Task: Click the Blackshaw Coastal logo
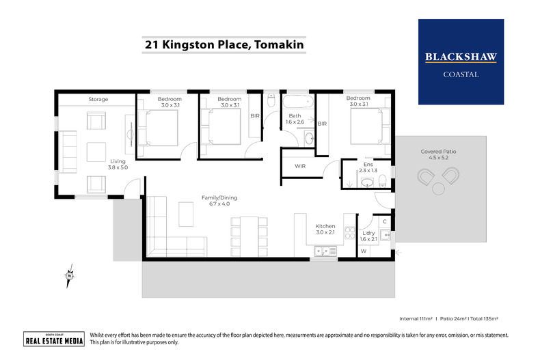(x=461, y=62)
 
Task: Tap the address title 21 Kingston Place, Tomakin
(x=224, y=46)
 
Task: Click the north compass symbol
(x=68, y=275)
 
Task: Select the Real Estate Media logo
(x=54, y=340)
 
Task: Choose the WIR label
(x=299, y=166)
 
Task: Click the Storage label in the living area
(x=98, y=100)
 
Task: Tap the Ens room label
(x=368, y=166)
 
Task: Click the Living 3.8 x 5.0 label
(x=118, y=165)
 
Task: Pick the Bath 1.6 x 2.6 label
(x=295, y=119)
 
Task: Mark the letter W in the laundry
(x=364, y=251)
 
